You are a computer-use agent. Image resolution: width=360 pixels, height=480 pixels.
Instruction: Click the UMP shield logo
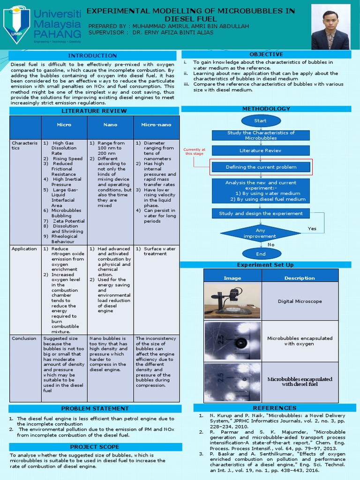(x=16, y=23)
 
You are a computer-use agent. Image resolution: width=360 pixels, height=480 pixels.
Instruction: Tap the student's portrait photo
(x=330, y=28)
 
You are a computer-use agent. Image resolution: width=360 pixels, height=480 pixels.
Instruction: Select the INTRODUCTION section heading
(x=92, y=56)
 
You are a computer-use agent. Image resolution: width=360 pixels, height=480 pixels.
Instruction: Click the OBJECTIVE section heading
(x=266, y=54)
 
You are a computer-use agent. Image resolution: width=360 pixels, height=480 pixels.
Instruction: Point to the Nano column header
(x=110, y=125)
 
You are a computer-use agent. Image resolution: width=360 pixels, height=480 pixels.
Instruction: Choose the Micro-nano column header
(x=156, y=125)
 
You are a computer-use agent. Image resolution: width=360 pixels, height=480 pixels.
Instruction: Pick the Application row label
(x=24, y=249)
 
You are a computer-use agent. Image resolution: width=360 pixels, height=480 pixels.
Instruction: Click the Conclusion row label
(x=24, y=338)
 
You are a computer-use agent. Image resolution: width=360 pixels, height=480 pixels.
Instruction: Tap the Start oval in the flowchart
(x=260, y=121)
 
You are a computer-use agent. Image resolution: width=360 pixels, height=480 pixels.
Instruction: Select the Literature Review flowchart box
(x=261, y=150)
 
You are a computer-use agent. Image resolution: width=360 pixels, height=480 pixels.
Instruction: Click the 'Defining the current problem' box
(x=261, y=167)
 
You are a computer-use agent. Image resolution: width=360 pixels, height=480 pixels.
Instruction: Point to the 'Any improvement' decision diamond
(x=260, y=233)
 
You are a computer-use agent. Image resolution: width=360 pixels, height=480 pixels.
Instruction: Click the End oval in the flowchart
(x=261, y=254)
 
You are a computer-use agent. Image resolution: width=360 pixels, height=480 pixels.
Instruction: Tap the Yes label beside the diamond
(x=312, y=229)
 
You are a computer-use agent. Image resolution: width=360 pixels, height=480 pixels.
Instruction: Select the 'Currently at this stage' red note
(x=195, y=151)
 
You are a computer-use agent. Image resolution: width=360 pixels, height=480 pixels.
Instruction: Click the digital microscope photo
(x=232, y=301)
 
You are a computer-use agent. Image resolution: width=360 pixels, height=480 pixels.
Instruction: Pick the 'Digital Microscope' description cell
(x=300, y=301)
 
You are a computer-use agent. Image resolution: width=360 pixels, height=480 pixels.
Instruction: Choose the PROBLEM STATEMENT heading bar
(x=95, y=408)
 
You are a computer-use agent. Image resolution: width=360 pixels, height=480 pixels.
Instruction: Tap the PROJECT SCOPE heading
(x=95, y=447)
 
